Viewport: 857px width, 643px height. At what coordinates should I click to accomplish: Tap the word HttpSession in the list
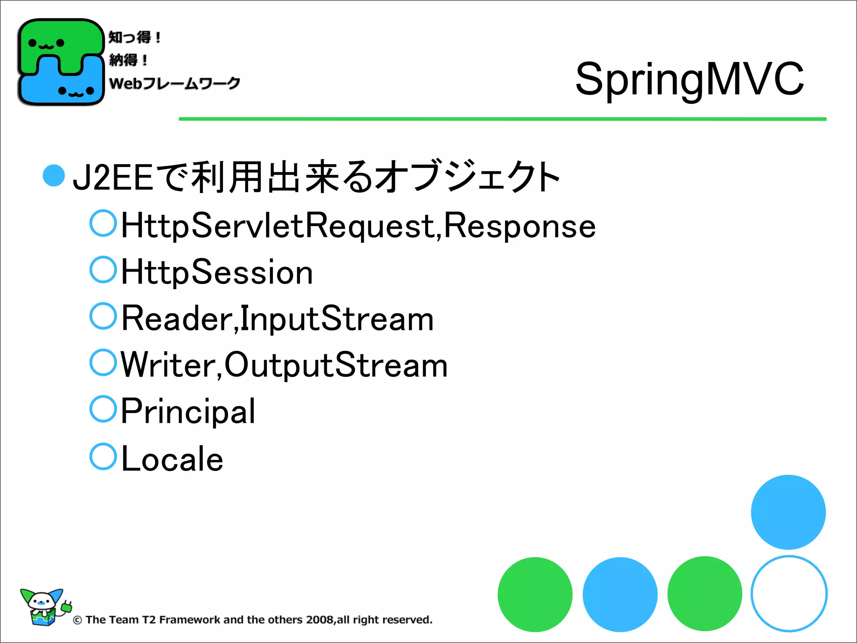click(217, 273)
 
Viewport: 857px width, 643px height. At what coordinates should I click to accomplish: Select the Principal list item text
click(188, 412)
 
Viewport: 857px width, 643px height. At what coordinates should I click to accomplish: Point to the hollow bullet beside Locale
click(103, 457)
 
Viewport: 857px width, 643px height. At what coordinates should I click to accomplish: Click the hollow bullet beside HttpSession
click(103, 270)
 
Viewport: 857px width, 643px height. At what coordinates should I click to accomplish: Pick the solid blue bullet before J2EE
click(54, 176)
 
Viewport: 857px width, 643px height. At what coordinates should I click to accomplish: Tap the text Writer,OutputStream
click(284, 365)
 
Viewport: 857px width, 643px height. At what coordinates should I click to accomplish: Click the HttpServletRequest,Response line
click(358, 226)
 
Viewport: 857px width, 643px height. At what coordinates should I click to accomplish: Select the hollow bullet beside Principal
click(103, 409)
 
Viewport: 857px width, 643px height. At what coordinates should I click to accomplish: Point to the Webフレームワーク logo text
click(174, 83)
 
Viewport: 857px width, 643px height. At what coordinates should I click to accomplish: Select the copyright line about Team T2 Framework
click(253, 620)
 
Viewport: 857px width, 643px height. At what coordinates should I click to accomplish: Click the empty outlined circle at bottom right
click(789, 594)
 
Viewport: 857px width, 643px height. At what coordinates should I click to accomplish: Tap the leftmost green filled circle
click(535, 594)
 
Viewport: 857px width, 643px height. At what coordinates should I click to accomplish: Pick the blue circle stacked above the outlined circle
click(788, 512)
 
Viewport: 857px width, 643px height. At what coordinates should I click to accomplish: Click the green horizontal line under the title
click(502, 119)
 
